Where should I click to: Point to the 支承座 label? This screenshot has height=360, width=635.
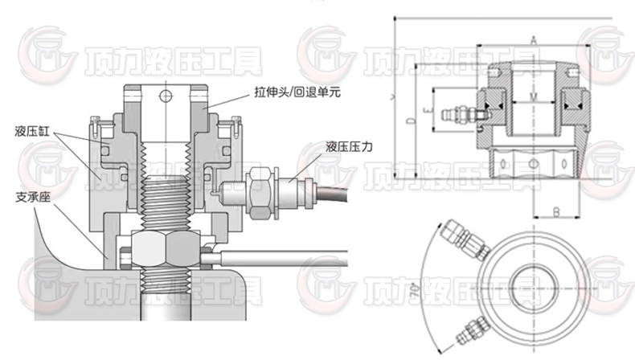[31, 195]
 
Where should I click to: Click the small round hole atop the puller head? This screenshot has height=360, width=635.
[166, 99]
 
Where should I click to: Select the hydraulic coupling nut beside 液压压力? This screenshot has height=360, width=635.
[258, 193]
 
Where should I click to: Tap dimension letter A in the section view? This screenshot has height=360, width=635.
[532, 39]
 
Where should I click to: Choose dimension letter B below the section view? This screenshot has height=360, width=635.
[555, 212]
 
